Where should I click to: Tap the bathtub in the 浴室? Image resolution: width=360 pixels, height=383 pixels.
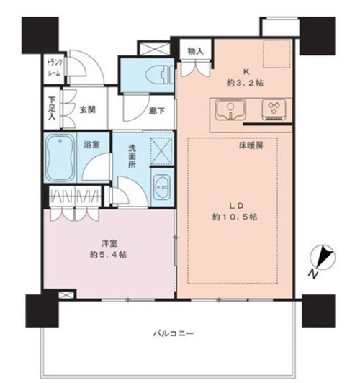60,158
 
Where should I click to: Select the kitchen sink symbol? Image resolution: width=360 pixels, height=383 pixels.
230,109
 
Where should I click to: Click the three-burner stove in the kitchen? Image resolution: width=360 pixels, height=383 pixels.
274,109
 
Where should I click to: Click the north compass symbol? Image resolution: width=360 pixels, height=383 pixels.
321,261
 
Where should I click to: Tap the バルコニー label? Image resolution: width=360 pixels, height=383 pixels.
174,333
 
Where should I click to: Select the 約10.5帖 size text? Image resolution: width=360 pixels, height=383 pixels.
235,217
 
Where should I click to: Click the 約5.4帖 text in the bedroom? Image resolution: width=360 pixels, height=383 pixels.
108,255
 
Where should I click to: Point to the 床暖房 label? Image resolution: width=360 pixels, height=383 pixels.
251,146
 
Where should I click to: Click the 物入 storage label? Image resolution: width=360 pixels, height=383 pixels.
195,51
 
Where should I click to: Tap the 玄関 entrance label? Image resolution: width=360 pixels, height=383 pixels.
87,110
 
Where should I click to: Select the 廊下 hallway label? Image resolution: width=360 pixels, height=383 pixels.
157,111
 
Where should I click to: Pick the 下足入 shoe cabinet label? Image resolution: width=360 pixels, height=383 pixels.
52,109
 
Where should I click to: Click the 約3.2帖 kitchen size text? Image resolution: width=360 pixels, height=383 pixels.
246,83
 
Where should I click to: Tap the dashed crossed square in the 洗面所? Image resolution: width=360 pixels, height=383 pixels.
161,150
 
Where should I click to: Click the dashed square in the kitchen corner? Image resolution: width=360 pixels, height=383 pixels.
276,53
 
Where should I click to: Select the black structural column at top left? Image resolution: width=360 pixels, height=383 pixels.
40,35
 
